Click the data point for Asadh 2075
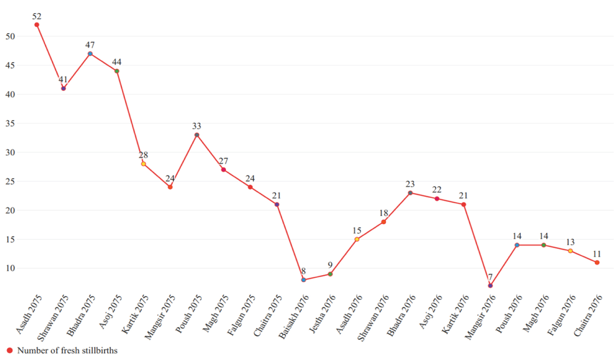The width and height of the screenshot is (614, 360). point(37,25)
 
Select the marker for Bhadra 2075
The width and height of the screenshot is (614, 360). point(90,54)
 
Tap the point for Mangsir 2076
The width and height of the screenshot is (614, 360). point(490,285)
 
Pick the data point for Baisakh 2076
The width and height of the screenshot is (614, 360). point(303,280)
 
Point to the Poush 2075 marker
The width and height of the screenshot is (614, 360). point(197,135)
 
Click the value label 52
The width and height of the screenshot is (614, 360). point(37,16)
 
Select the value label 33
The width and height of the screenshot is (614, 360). point(197,126)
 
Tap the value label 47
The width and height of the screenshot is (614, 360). point(90,45)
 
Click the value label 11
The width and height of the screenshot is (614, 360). point(597,254)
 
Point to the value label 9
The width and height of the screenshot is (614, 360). point(330,265)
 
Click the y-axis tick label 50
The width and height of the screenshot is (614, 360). point(10,36)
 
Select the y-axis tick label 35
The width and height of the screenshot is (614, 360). point(10,123)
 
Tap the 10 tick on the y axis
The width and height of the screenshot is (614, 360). point(10,268)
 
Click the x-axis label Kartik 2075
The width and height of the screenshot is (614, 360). point(135,315)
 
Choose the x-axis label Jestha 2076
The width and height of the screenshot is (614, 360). point(322,315)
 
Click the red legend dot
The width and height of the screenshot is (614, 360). point(10,351)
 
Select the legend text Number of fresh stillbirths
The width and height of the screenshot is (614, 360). point(67,351)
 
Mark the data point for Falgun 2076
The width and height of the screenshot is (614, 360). point(570,251)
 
